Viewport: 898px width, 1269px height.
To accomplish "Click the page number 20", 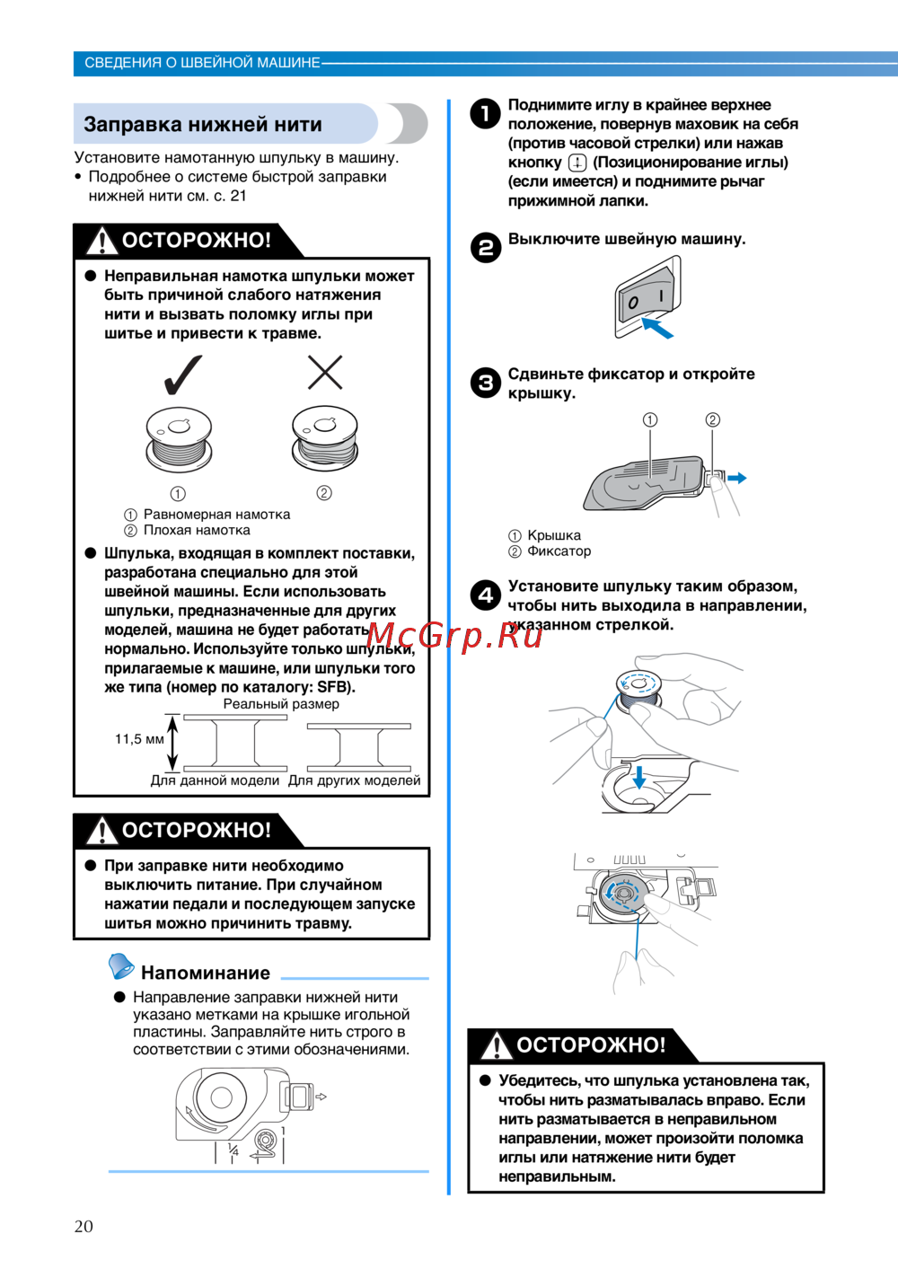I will tap(84, 1227).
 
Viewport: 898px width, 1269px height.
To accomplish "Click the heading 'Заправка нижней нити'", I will tap(203, 124).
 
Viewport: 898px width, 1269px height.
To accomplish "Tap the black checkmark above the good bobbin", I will tap(183, 375).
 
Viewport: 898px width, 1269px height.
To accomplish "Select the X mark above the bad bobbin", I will tap(325, 372).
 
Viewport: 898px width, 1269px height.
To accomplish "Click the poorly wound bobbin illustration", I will tap(325, 438).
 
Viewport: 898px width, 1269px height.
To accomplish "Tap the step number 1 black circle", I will tap(486, 113).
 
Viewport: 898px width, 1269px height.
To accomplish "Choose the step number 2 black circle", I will tap(486, 247).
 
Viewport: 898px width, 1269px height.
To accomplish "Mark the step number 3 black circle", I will tap(486, 383).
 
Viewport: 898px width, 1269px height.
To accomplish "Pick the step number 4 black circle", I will tap(486, 595).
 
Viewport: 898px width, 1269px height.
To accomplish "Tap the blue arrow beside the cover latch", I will tap(737, 478).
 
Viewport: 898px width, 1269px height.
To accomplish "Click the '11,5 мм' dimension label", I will tap(139, 739).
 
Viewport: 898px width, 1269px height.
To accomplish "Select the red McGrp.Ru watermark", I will tap(454, 635).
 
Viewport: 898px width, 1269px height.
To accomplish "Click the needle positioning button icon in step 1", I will tap(577, 163).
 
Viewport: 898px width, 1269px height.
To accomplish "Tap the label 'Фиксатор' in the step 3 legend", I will tap(559, 551).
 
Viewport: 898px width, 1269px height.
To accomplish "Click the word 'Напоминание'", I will tap(206, 973).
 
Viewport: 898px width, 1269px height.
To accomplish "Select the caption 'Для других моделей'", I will tap(354, 780).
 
